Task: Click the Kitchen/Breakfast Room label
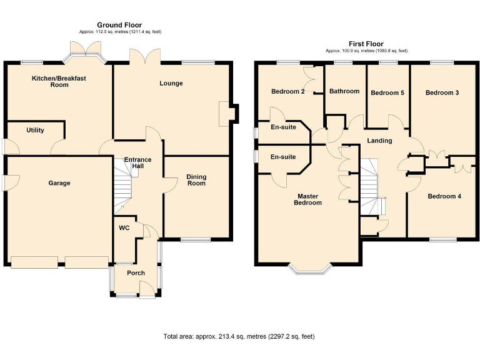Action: [59, 81]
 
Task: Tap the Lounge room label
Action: [171, 83]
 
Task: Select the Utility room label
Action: [35, 130]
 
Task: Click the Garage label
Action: [59, 183]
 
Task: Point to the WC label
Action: [124, 228]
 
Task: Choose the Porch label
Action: [136, 272]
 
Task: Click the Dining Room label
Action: [196, 180]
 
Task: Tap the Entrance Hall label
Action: [137, 164]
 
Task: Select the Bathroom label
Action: [344, 91]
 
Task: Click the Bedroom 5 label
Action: [387, 93]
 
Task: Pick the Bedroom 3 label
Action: [442, 92]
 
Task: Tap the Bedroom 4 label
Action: [444, 196]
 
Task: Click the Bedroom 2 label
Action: [287, 91]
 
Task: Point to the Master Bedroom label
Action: [308, 199]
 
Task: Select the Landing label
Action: [379, 141]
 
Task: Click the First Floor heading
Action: [366, 44]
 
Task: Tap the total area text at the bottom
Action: [239, 336]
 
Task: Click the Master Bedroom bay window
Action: [309, 269]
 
